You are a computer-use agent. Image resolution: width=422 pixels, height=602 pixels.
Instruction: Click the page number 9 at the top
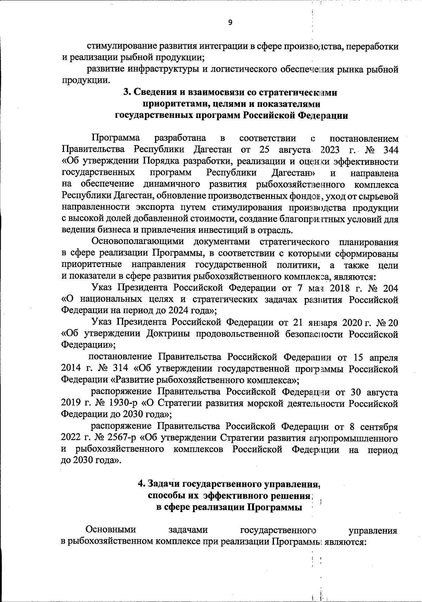point(230,23)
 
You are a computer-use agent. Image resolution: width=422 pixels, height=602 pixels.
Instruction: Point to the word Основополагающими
point(138,242)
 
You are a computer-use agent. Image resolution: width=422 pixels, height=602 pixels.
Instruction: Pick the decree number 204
point(389,288)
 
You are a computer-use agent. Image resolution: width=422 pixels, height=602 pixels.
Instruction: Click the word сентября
point(379,427)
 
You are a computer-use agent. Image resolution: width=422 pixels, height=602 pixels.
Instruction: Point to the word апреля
point(383,357)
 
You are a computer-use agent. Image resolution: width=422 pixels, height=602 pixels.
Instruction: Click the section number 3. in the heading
point(127,92)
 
